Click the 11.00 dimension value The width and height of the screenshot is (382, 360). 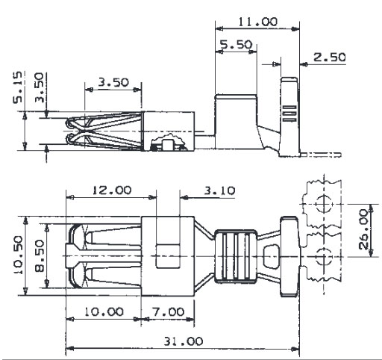257,22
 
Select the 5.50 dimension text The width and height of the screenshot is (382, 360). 236,45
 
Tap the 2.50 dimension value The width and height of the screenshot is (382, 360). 329,58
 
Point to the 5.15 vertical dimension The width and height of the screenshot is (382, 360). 18,87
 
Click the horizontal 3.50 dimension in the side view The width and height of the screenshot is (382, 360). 113,82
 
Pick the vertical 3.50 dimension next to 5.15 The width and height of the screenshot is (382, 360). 39,87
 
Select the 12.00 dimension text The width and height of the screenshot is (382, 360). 112,190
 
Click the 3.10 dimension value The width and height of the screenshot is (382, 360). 219,190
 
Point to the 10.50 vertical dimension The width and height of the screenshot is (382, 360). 18,255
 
